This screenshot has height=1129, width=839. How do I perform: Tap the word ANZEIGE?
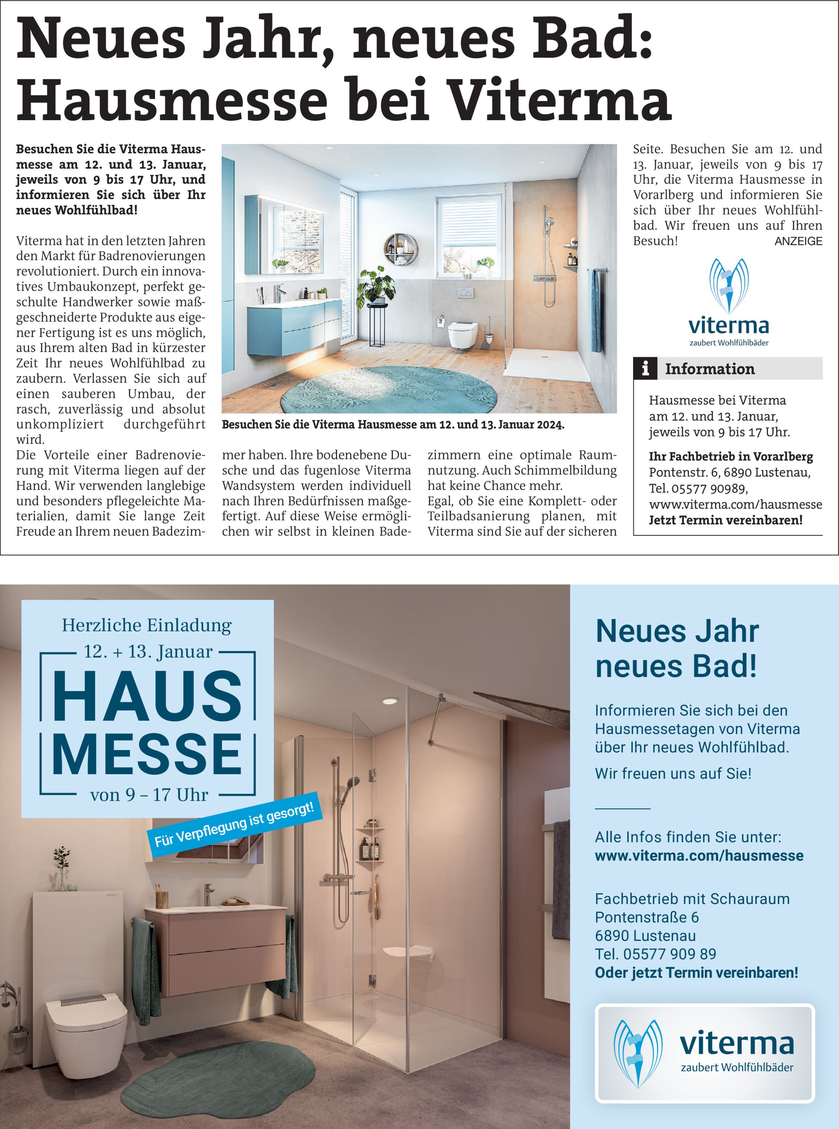[798, 242]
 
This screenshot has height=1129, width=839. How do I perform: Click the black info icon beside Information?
[645, 368]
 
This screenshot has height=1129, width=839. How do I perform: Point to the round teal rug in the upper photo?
[389, 391]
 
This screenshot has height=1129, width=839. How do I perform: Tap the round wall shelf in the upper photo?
[398, 248]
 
